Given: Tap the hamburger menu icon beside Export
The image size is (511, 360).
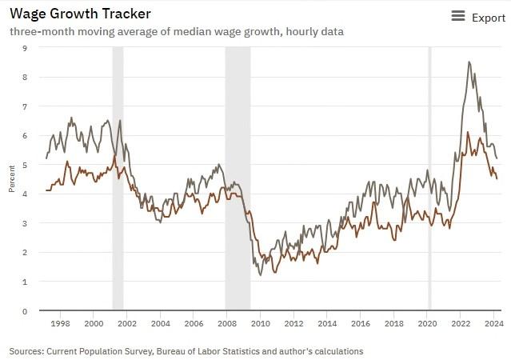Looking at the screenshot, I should [458, 17].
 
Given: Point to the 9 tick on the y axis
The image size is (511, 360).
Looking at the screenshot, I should [24, 48].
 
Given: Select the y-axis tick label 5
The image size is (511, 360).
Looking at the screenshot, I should [24, 165].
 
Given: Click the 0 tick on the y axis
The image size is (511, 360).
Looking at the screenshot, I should [24, 311].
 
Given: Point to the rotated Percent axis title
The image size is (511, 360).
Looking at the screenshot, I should [12, 180].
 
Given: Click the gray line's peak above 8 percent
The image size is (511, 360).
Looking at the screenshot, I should [469, 62].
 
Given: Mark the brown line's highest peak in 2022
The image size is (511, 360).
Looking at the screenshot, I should [468, 132].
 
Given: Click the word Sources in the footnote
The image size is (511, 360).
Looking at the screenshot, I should [27, 351].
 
